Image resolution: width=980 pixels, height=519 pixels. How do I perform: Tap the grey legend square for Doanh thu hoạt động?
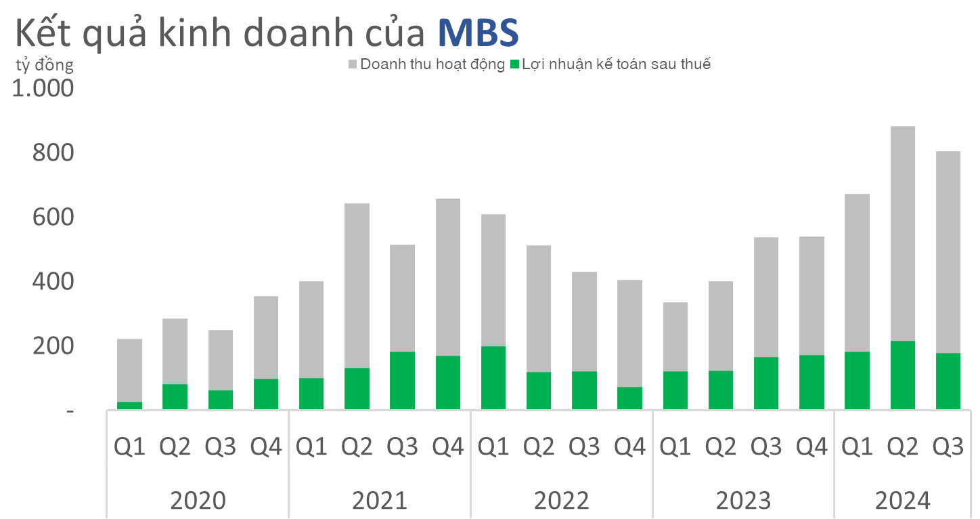[x=353, y=65]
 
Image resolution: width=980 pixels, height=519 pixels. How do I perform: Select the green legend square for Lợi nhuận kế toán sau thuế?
[x=514, y=65]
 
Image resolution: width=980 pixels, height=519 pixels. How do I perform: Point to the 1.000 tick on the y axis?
[x=43, y=89]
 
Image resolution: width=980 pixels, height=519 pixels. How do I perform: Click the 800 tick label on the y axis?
[x=52, y=154]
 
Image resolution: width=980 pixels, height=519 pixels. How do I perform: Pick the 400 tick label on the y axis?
[x=52, y=282]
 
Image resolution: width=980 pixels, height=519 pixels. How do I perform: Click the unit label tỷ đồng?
[x=45, y=65]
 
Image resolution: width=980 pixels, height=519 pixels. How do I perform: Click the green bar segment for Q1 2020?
[x=129, y=405]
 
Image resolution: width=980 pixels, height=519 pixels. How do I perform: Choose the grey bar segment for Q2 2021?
[x=357, y=285]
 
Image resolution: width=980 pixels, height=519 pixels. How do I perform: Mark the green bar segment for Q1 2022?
[x=493, y=377]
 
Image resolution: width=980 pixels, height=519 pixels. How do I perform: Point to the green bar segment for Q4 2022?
[x=629, y=398]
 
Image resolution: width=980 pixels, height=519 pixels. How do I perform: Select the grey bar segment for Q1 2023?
[x=675, y=336]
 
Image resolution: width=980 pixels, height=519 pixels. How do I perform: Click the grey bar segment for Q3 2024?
[x=948, y=251]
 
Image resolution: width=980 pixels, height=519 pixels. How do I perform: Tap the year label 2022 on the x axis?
[x=561, y=501]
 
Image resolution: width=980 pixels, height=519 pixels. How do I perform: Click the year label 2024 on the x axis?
[x=903, y=501]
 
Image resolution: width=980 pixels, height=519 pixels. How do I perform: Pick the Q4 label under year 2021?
[x=447, y=447]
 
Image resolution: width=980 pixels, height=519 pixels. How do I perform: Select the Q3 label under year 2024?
[x=948, y=447]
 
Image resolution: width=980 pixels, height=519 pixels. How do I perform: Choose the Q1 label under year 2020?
[x=129, y=447]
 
